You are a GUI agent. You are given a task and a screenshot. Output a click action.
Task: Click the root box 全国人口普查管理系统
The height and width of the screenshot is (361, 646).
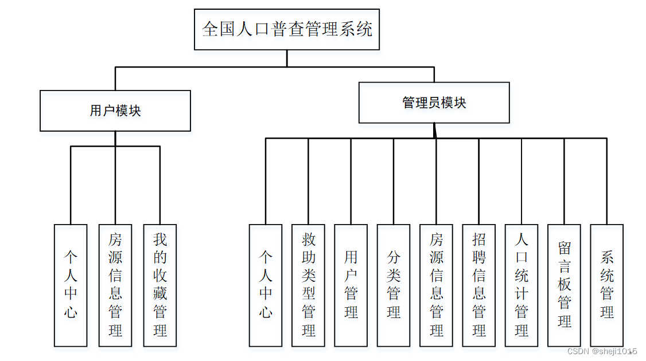coord(287,29)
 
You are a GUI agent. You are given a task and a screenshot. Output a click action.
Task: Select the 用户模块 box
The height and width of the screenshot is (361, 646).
coord(115,111)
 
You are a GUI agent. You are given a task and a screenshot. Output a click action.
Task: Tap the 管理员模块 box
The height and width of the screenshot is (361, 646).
coord(434,103)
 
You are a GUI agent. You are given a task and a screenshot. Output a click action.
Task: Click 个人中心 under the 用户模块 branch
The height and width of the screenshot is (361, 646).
coord(71,285)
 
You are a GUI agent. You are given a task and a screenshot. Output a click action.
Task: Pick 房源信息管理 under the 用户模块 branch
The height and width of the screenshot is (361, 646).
coord(115,285)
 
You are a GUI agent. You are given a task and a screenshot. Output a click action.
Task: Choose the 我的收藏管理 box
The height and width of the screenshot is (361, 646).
coord(159,285)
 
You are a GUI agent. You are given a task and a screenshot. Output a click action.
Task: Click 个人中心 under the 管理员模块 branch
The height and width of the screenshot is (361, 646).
coord(266,285)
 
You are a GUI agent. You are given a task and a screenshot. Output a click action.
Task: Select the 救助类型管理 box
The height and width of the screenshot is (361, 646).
coord(308,285)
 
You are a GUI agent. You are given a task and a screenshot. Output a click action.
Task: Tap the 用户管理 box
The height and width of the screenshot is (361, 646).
coord(351,285)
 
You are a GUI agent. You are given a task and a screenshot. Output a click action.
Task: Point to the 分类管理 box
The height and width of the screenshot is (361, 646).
coord(394,285)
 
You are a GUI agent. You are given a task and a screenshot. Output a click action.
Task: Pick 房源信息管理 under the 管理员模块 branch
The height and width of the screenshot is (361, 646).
coord(437,285)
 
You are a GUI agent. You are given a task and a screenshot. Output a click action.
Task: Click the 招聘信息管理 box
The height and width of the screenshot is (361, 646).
coord(479,285)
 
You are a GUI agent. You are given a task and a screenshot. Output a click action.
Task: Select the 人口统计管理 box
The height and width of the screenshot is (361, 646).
coord(522,285)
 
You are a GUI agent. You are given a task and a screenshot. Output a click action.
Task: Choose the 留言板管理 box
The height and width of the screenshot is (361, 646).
coord(565,285)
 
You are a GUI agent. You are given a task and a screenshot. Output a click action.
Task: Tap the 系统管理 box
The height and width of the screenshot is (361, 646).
coord(607,285)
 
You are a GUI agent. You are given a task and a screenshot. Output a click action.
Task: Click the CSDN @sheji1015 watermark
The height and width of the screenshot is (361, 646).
coord(602,351)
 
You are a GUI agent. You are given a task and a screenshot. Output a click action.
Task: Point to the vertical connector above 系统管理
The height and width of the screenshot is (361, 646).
coord(607,180)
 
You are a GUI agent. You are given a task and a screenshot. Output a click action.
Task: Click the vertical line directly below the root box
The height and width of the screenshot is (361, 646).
coord(287,58)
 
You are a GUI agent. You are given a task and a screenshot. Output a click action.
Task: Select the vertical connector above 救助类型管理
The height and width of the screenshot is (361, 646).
coord(308,180)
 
